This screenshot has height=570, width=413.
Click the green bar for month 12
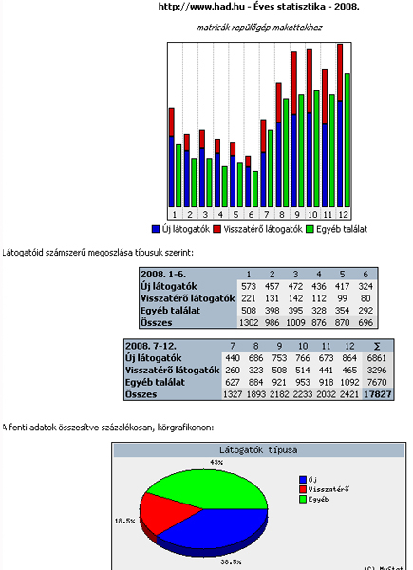coord(347,141)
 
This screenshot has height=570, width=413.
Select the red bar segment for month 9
coord(294,84)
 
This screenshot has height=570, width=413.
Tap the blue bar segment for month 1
coord(172,172)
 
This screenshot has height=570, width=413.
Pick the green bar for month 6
coord(255,189)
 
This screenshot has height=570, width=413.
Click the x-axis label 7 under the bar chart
coord(267,215)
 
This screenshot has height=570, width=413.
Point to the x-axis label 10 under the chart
coord(312,215)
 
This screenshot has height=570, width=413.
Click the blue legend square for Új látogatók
coord(156,229)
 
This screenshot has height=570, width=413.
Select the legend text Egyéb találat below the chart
coord(342,229)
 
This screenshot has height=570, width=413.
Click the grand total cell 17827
coord(378,394)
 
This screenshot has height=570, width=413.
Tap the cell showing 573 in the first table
coord(249,287)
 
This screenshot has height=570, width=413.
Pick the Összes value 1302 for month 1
coord(249,322)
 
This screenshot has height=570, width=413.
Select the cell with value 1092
coord(349,382)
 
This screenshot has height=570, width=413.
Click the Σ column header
coord(377,346)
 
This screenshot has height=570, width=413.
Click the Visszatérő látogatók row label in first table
coord(188,298)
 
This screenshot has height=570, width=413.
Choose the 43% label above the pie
coord(216,462)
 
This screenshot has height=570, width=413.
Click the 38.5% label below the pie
coord(231,562)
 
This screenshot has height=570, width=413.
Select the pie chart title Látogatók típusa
coord(258,450)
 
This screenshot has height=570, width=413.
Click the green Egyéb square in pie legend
coord(303,500)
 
